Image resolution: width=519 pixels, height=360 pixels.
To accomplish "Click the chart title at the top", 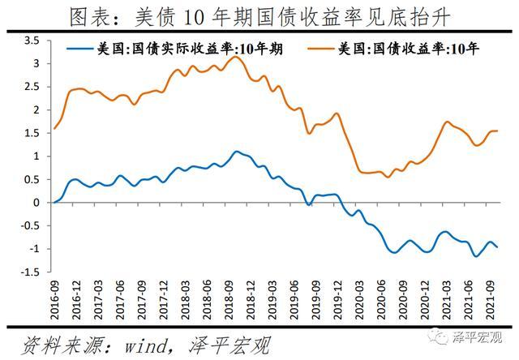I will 259,15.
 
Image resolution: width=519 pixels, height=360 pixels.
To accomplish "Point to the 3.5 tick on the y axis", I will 32,40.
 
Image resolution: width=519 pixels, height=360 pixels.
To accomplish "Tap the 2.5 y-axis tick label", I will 32,86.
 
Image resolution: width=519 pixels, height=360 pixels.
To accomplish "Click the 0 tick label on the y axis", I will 36,203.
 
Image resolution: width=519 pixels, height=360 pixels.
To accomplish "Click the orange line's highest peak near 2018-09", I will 235,57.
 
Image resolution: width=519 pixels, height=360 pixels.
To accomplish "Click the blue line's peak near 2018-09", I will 235,151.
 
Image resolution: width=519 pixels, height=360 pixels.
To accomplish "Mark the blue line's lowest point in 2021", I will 475,256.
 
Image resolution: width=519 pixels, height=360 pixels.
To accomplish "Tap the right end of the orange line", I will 497,131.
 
